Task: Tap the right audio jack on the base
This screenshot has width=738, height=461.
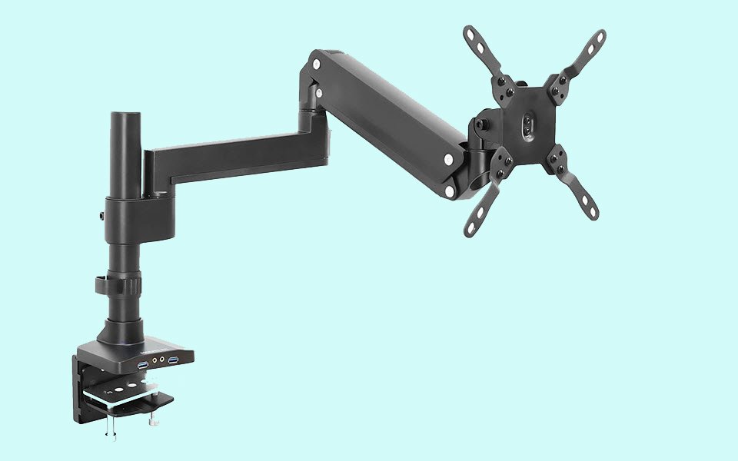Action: point(162,359)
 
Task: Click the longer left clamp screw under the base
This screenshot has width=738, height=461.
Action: point(111,431)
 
